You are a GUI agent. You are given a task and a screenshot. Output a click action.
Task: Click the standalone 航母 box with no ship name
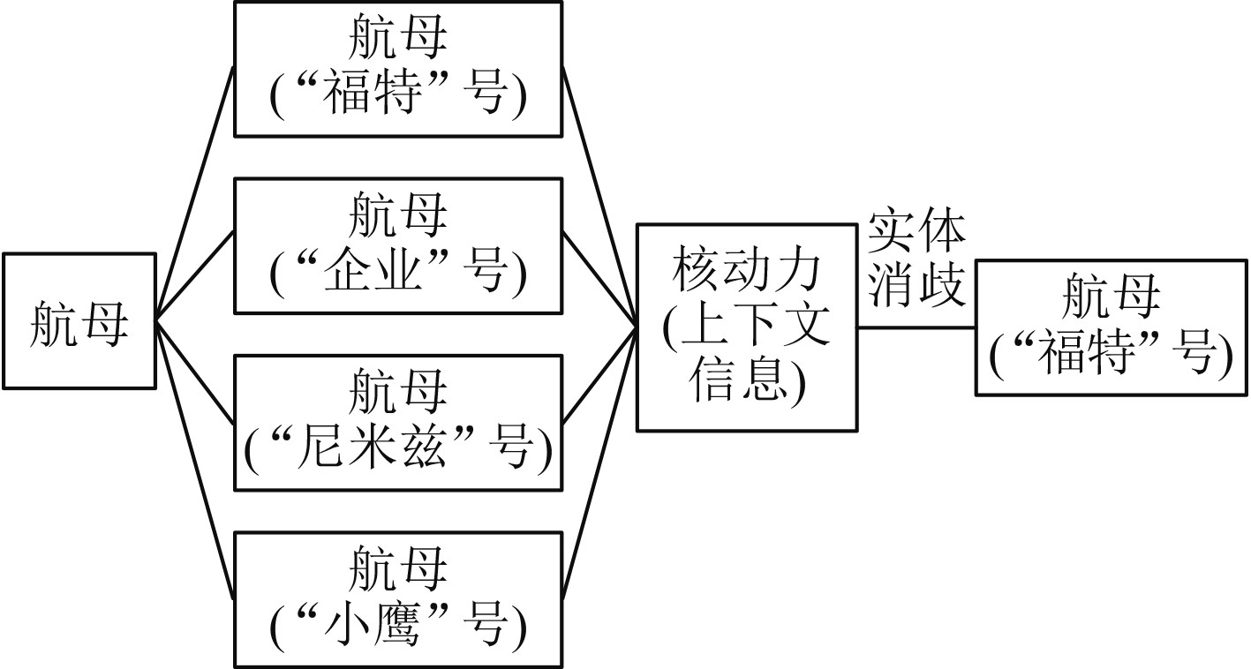coord(79,321)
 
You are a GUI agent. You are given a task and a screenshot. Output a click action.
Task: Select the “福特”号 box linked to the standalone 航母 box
coord(397,70)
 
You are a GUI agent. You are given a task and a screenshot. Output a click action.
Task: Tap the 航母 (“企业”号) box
coord(397,246)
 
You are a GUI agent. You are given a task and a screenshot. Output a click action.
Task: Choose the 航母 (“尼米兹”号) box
coord(397,422)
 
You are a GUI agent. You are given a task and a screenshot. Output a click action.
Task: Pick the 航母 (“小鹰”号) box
coord(397,599)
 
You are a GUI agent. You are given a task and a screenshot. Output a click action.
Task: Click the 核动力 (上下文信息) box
coord(747,327)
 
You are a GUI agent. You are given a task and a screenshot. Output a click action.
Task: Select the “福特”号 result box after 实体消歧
coord(1112,327)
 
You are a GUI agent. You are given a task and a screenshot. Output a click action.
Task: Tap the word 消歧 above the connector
coord(916,284)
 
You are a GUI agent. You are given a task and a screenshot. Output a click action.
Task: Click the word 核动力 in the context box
coord(747,272)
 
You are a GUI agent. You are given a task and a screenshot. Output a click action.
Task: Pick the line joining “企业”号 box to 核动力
coord(599,279)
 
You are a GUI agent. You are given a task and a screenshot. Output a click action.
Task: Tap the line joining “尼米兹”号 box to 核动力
coord(599,375)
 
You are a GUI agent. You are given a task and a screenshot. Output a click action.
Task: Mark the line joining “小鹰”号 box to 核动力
coord(599,462)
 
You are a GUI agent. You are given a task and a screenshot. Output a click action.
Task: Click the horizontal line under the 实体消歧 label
coord(916,327)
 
